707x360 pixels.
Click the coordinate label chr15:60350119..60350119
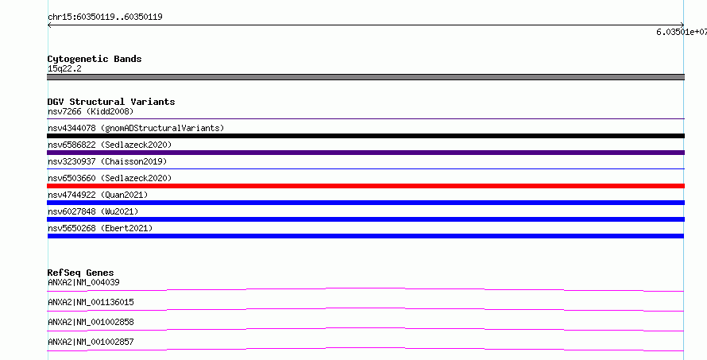click(105, 17)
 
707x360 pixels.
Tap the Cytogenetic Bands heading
click(95, 59)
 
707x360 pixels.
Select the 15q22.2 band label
click(64, 69)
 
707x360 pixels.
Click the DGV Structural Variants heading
click(111, 102)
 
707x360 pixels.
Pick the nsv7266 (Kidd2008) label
click(91, 111)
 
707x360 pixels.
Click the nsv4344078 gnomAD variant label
click(136, 128)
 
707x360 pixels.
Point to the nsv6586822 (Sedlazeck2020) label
click(110, 145)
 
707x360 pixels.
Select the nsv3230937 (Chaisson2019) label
click(107, 161)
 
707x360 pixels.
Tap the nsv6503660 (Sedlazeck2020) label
click(110, 178)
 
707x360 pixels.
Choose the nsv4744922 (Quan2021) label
click(98, 195)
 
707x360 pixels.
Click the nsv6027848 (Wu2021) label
click(93, 211)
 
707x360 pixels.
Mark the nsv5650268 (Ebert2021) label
click(100, 228)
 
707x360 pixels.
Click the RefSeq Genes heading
click(81, 273)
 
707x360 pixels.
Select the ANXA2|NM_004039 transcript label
click(83, 282)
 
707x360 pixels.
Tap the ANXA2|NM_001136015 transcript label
click(91, 302)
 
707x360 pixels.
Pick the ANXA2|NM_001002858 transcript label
click(91, 322)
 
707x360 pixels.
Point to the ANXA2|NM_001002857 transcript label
click(91, 342)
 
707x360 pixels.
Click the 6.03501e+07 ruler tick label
click(682, 32)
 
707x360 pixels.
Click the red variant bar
click(365, 186)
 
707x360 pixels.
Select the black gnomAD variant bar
click(365, 136)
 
